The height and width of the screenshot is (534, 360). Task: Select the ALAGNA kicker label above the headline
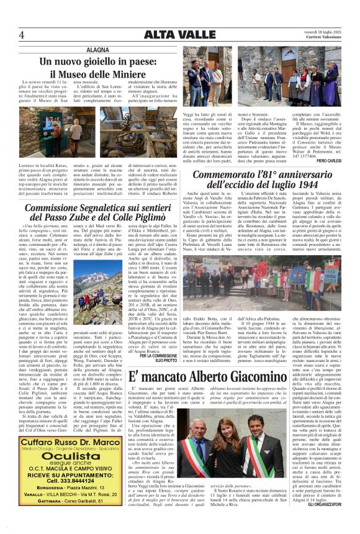point(97,48)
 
